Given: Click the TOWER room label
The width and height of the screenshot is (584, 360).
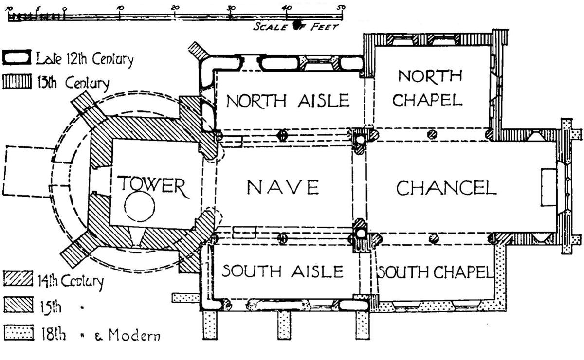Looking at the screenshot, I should coord(152,185).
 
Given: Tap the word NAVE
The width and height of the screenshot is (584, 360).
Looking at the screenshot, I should coord(282,187).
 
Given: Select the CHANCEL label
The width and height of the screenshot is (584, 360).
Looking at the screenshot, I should coord(446,188).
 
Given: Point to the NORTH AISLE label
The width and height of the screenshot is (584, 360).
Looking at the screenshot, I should coord(288,100).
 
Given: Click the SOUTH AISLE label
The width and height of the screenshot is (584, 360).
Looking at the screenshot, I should coord(283,270).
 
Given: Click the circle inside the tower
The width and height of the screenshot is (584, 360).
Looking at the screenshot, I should coord(140,207).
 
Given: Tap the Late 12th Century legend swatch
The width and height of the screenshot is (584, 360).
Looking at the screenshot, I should coord(18,57).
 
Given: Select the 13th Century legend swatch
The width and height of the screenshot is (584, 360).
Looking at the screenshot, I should coord(17,82).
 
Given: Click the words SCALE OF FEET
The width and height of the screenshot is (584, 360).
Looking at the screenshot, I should coord(295,26).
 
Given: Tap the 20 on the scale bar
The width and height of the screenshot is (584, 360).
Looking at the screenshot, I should coord(175,8).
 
